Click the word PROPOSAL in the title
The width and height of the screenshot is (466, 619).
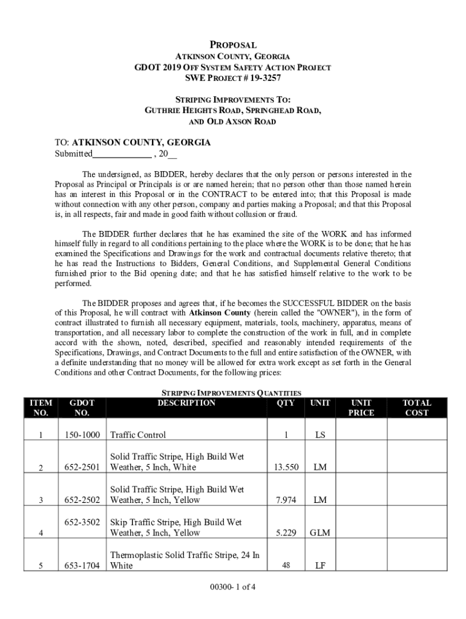pos(233,45)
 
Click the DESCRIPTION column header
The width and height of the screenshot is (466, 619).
pos(186,403)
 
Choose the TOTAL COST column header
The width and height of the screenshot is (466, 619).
pos(417,407)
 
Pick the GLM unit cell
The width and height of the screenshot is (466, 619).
pos(320,533)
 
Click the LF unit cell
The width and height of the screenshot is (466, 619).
pos(320,566)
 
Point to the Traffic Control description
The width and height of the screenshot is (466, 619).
pos(138,434)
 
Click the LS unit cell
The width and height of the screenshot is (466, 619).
pos(320,434)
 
